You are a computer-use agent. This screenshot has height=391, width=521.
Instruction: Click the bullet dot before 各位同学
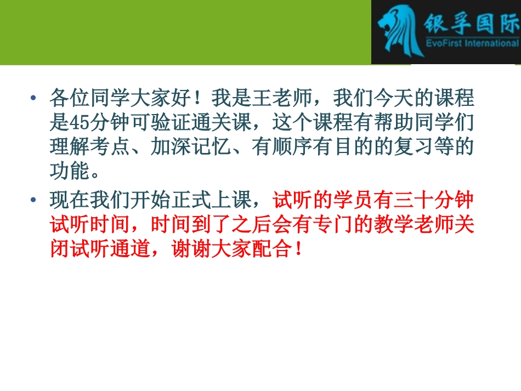click(35, 99)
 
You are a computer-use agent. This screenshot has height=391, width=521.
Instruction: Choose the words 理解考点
click(90, 147)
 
